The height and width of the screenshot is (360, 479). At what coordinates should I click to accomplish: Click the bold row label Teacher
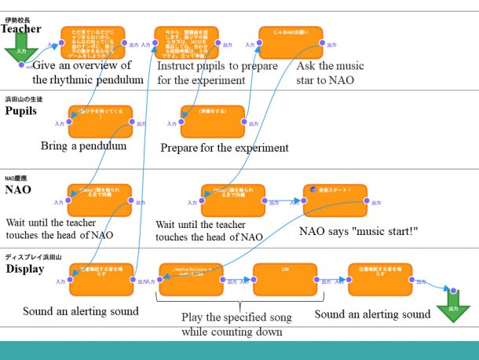pyautogui.click(x=21, y=28)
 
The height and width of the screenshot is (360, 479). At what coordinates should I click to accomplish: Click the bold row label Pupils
pyautogui.click(x=21, y=111)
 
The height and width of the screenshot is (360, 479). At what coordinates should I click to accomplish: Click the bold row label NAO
pyautogui.click(x=18, y=189)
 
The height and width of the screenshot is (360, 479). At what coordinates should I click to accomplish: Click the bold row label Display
pyautogui.click(x=24, y=269)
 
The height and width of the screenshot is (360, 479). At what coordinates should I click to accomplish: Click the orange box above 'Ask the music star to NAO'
pyautogui.click(x=290, y=42)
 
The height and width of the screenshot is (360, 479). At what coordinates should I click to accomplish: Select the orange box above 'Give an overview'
pyautogui.click(x=93, y=43)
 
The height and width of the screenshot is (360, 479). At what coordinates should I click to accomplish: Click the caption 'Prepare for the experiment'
pyautogui.click(x=224, y=148)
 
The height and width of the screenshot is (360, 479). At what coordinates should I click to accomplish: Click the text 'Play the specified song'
pyautogui.click(x=236, y=318)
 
